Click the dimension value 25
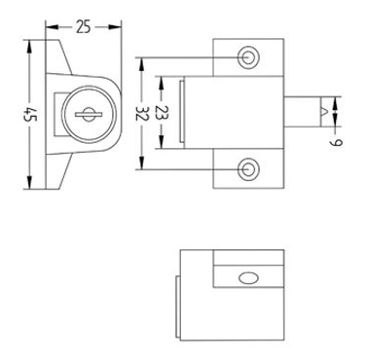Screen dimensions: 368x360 (x=84, y=27)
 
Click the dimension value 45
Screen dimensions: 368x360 (x=30, y=114)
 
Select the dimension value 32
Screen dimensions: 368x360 (x=142, y=113)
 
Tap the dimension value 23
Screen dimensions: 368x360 (x=162, y=113)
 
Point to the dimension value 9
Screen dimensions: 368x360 (x=337, y=143)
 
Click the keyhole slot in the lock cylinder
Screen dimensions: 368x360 (x=89, y=114)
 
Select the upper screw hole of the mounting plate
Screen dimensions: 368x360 (x=248, y=57)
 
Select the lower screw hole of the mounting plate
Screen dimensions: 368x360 (x=248, y=169)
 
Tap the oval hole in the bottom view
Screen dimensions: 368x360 (x=248, y=278)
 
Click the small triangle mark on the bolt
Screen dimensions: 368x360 (x=324, y=112)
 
